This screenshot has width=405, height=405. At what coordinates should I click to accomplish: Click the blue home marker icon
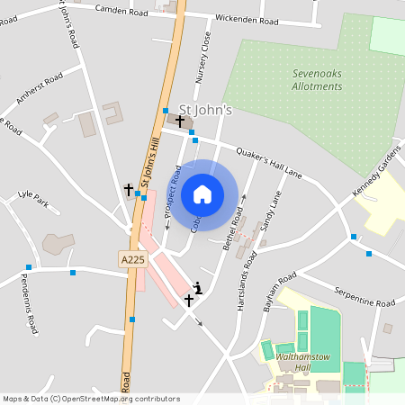pos(202,194)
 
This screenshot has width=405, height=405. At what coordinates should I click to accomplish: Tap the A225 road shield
pos(131,259)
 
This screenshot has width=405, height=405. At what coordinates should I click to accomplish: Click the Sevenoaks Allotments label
pos(318,80)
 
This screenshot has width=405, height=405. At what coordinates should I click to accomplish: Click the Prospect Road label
pos(172,191)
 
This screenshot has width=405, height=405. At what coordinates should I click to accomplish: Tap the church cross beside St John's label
pos(180,121)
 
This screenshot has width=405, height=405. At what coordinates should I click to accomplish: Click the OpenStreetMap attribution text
pos(90,399)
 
